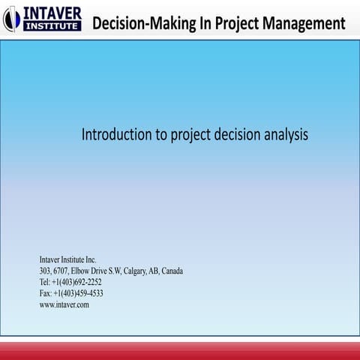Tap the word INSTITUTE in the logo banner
[x=52, y=26]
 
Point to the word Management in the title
[x=310, y=23]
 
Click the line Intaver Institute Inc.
[x=68, y=259]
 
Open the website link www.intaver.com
[x=64, y=304]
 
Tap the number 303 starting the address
[x=45, y=271]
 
